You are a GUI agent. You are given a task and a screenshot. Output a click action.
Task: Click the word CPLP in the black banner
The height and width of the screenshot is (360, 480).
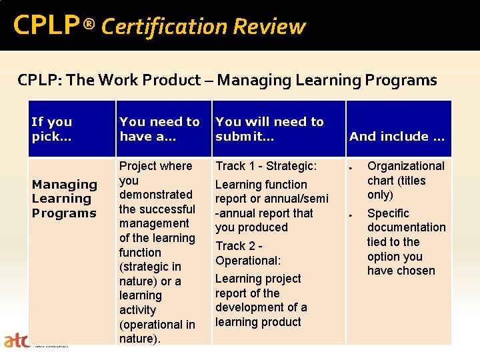pyautogui.click(x=46, y=25)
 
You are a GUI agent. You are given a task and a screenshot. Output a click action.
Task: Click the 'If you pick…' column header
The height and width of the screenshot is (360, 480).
pyautogui.click(x=51, y=129)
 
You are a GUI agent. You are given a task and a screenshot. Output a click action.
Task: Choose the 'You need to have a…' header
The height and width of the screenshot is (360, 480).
pyautogui.click(x=159, y=129)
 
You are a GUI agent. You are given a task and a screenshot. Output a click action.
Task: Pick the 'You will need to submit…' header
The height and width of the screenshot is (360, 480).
pyautogui.click(x=269, y=129)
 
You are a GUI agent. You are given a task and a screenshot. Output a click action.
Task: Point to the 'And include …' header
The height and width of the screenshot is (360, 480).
pyautogui.click(x=397, y=136)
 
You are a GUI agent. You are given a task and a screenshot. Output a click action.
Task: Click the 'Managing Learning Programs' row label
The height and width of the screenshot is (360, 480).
pyautogui.click(x=64, y=199)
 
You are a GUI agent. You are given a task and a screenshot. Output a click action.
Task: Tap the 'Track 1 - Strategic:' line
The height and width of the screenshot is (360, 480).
pyautogui.click(x=266, y=166)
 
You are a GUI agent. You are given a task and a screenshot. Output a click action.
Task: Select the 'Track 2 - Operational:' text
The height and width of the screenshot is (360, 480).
pyautogui.click(x=248, y=253)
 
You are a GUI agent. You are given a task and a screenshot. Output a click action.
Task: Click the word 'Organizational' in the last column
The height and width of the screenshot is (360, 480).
pyautogui.click(x=405, y=166)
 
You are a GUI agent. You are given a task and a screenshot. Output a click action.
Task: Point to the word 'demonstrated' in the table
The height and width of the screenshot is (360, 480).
pyautogui.click(x=155, y=195)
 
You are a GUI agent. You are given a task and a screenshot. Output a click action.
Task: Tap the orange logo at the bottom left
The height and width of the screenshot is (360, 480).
pyautogui.click(x=16, y=341)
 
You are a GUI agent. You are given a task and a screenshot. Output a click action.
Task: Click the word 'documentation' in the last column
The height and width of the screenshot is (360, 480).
pyautogui.click(x=406, y=228)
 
